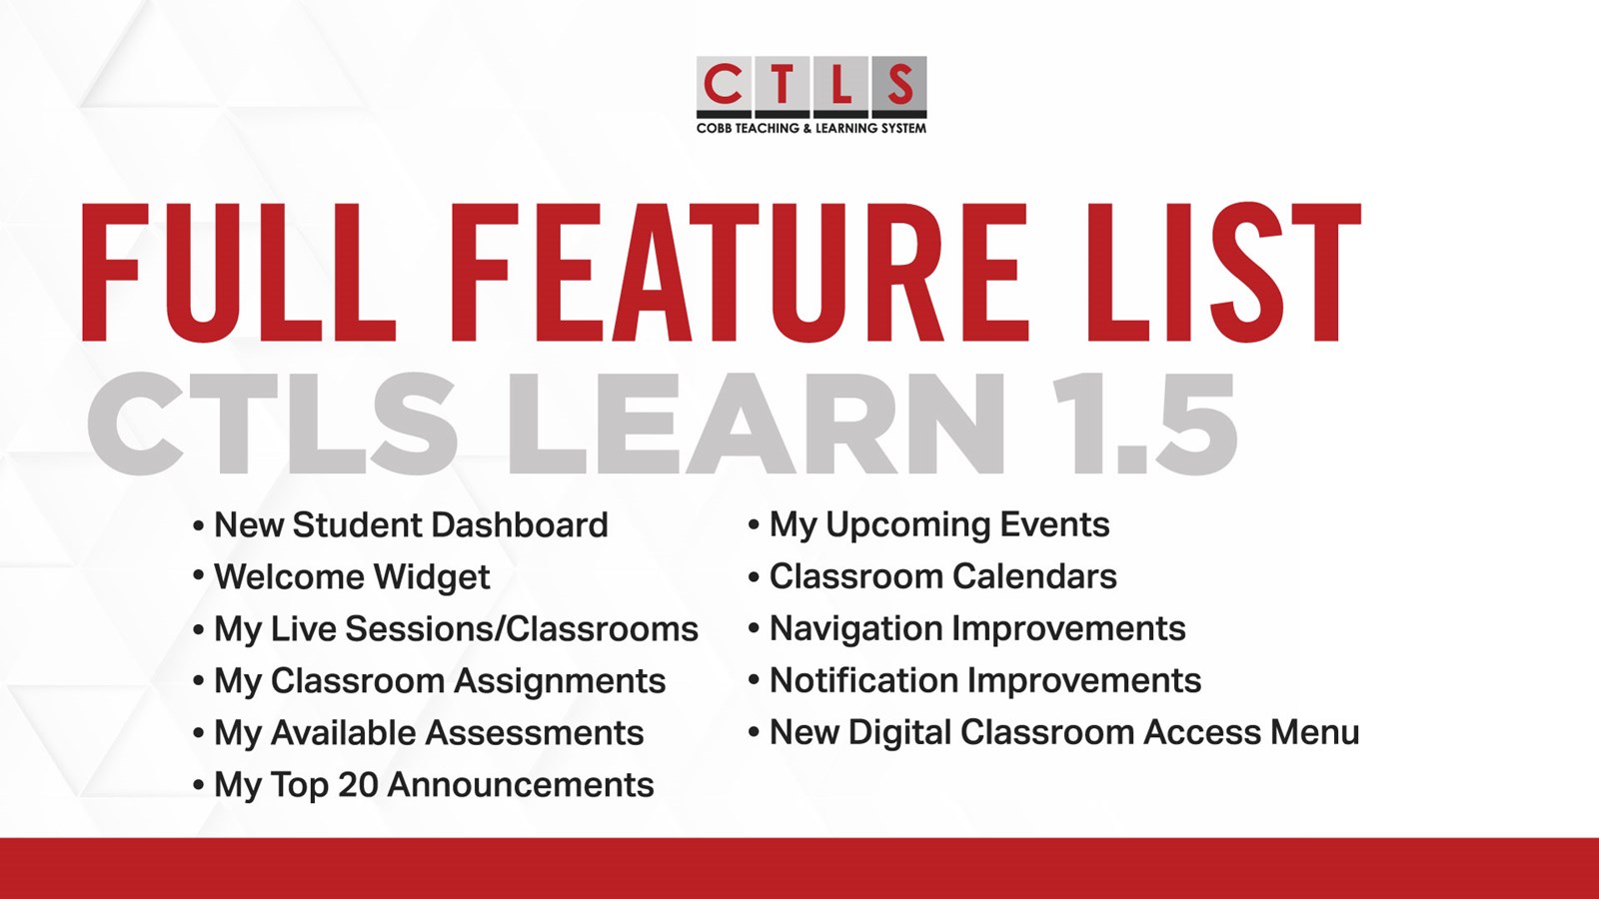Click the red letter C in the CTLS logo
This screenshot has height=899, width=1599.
click(724, 84)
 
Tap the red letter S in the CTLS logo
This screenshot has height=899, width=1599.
click(900, 84)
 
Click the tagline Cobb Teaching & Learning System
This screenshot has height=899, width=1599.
click(811, 129)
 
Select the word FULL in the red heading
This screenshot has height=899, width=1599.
click(239, 273)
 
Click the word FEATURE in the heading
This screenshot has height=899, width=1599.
click(740, 273)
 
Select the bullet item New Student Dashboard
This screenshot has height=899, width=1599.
click(411, 525)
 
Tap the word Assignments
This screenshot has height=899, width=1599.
click(561, 681)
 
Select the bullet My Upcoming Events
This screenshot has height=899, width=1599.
click(939, 525)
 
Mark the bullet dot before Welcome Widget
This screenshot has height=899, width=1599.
click(199, 575)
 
